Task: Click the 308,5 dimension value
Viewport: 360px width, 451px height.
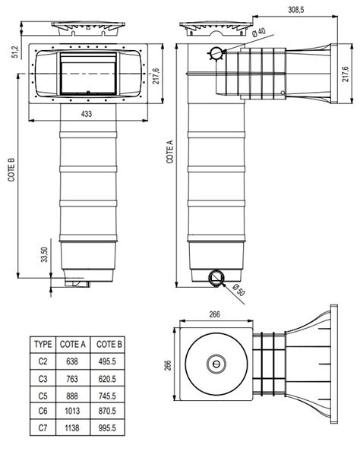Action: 296,10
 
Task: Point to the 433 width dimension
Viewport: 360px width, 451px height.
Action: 87,114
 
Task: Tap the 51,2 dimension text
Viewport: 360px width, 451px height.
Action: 15,52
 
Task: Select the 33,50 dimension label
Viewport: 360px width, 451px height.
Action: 44,254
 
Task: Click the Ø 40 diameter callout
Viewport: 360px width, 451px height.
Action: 259,32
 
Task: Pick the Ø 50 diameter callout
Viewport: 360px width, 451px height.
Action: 238,289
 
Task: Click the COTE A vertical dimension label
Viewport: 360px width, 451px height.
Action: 170,152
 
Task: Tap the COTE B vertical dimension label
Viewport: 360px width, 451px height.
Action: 11,170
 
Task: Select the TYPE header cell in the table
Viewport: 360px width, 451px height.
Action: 43,344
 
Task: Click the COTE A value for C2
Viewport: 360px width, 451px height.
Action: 72,361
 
